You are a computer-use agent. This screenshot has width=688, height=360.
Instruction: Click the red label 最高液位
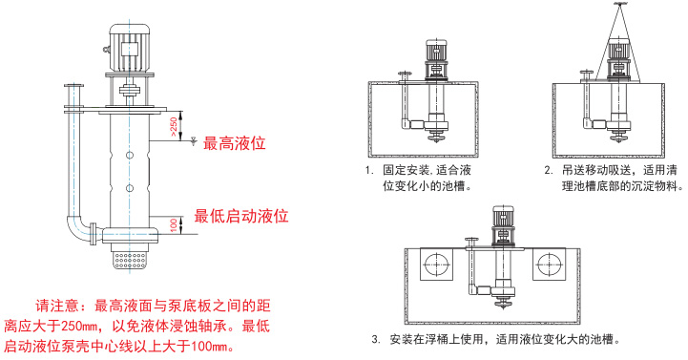point(235,143)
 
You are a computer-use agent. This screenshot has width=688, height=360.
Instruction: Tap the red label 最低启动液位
point(241,216)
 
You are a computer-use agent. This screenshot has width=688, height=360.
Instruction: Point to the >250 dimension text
point(175,127)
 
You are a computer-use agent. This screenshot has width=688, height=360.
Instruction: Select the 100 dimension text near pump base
point(175,225)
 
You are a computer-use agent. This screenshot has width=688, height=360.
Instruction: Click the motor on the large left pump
point(130,48)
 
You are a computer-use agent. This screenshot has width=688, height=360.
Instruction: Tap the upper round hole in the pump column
point(130,155)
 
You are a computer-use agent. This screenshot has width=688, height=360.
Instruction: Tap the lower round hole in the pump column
point(130,188)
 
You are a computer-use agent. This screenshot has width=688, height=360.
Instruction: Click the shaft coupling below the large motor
point(130,91)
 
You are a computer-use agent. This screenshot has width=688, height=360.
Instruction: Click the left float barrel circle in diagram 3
point(437,265)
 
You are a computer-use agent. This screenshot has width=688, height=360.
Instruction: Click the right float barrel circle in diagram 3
point(549,265)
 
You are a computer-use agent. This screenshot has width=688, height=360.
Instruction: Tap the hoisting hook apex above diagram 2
point(618,5)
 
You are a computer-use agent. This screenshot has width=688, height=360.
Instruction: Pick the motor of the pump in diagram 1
point(436,52)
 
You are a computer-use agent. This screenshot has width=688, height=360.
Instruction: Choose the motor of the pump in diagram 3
point(503,217)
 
